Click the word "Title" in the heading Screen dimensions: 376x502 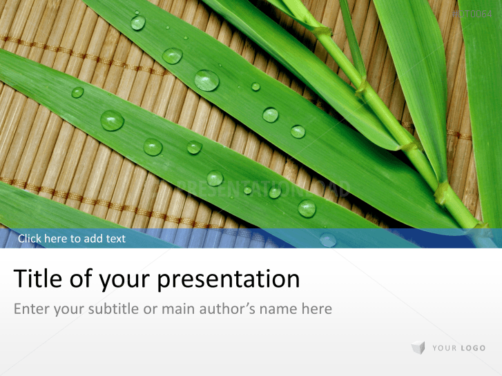(x=37, y=279)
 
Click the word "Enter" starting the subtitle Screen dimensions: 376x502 (x=31, y=308)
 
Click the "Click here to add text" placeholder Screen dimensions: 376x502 (x=72, y=239)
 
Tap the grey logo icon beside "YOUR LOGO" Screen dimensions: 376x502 (x=418, y=348)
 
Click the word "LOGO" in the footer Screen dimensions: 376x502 (x=472, y=348)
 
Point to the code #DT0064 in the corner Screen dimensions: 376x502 (x=472, y=14)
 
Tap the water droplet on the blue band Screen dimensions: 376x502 (x=328, y=239)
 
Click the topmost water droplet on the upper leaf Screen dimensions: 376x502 (x=138, y=22)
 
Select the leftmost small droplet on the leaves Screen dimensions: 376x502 (x=77, y=92)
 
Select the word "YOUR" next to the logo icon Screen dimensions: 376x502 (x=443, y=348)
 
